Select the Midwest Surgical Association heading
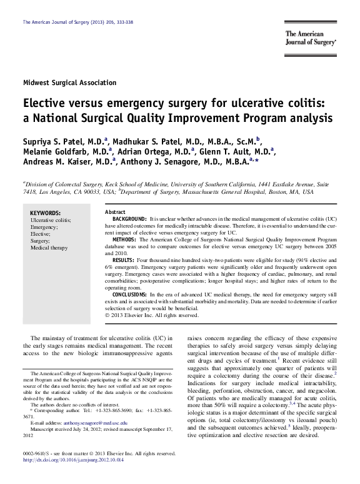(x=69, y=83)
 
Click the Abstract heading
(x=116, y=213)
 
